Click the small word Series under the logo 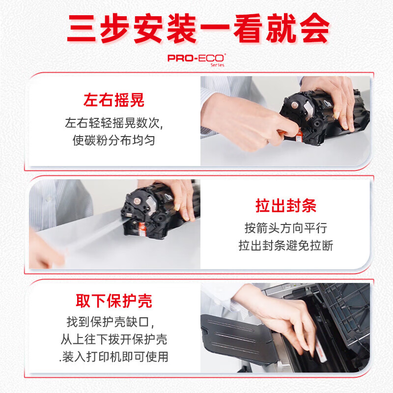pos(217,65)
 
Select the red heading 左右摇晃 pos(114,100)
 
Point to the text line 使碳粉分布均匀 pos(114,140)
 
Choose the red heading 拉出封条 pos(286,205)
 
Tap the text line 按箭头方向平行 pos(286,228)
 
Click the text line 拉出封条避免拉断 pos(286,245)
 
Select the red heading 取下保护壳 pos(114,301)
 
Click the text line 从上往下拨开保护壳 pos(114,339)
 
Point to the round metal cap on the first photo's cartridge pos(294,105)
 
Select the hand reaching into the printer pos(278,318)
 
